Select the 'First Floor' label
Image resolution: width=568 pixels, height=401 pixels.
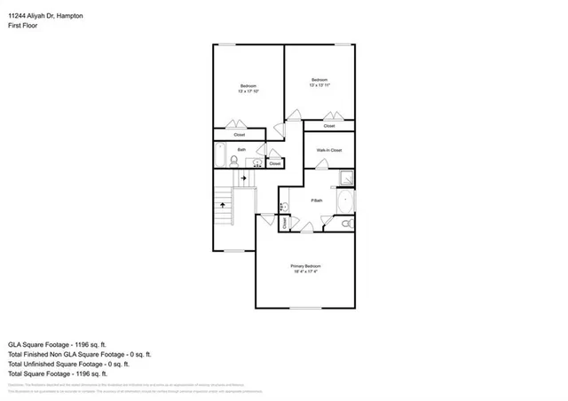click(x=23, y=26)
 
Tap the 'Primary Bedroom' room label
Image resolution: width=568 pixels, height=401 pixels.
click(x=305, y=266)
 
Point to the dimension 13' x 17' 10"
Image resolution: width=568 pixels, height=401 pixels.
click(x=248, y=91)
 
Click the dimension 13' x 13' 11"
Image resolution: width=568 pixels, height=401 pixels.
click(x=319, y=85)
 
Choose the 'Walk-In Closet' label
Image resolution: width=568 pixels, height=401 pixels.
click(x=329, y=150)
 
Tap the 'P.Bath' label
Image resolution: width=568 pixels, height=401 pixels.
click(x=317, y=201)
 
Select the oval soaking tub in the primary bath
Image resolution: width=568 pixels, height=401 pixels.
click(x=344, y=203)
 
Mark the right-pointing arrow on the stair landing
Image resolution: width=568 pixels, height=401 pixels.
click(x=242, y=178)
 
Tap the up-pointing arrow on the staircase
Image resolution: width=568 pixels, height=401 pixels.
click(x=222, y=206)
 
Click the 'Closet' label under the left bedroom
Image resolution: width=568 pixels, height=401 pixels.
click(x=240, y=135)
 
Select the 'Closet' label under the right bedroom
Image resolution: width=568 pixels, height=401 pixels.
click(x=329, y=126)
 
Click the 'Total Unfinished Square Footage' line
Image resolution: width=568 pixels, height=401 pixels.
click(x=68, y=364)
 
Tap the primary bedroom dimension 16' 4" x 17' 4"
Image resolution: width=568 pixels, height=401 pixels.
click(x=305, y=272)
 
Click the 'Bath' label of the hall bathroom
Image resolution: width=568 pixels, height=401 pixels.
click(x=241, y=150)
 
